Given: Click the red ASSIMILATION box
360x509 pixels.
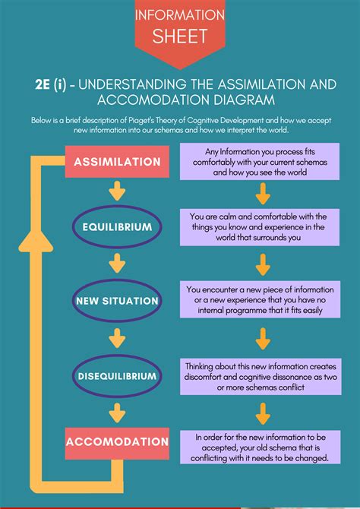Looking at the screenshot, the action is click(x=117, y=162).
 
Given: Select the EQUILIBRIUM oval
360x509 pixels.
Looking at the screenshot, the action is click(x=117, y=227).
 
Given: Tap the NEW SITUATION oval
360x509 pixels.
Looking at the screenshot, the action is click(x=117, y=301).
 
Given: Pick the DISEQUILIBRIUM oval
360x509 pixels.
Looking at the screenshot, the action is click(x=117, y=376).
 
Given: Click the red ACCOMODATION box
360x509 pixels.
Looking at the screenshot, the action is click(x=117, y=444).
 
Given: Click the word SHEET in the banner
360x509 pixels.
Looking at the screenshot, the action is click(x=180, y=36).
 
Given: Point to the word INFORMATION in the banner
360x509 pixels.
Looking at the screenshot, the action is click(x=180, y=15).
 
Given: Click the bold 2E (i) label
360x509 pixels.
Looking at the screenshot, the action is click(x=51, y=85).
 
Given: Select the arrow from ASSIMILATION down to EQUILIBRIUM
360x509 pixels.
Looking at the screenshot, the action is click(x=117, y=191).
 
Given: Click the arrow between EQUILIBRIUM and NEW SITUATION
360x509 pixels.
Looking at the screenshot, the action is click(x=117, y=264).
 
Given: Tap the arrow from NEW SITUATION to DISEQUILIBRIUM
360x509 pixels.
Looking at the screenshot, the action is click(x=117, y=338).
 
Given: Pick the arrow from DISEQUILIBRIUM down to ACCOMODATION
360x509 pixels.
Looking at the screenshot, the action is click(x=117, y=413).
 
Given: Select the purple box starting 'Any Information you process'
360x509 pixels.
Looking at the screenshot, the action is click(x=260, y=161).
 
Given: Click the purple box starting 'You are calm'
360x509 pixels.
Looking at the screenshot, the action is click(x=260, y=227).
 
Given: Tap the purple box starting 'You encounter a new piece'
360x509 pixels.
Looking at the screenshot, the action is click(x=260, y=299).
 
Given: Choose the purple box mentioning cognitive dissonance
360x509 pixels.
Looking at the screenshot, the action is click(x=261, y=377).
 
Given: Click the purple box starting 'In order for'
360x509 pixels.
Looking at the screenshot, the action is click(x=261, y=447).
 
